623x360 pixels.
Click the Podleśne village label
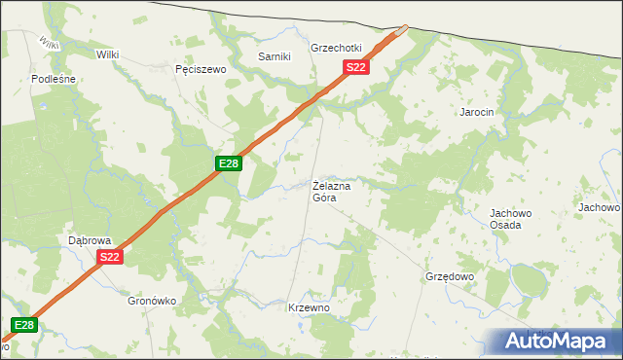[48, 79]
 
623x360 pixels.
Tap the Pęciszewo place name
[200, 70]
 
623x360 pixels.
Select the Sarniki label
[275, 56]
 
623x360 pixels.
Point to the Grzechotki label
[336, 48]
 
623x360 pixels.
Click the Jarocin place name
[477, 112]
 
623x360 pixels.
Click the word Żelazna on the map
[339, 185]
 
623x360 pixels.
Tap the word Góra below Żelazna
[324, 198]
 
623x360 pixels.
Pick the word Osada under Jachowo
[505, 225]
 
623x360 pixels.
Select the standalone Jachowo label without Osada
[599, 207]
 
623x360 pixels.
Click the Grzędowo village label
[449, 276]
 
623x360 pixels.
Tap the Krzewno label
[310, 307]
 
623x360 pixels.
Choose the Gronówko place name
[152, 301]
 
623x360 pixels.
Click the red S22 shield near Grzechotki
[356, 67]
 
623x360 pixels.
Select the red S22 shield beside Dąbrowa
[110, 257]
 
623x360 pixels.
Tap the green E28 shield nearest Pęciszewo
[228, 163]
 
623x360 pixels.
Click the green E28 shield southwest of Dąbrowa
[24, 325]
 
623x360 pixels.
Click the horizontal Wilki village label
[107, 54]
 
